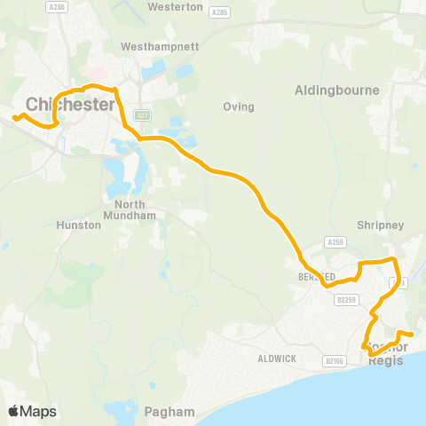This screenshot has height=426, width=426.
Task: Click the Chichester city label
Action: [x=70, y=105]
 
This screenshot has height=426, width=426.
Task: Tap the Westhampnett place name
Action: [x=157, y=45]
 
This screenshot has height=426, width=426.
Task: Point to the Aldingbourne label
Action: [x=336, y=91]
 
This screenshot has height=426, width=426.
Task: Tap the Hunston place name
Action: [x=78, y=225]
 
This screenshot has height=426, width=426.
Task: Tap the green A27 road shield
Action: [x=141, y=115]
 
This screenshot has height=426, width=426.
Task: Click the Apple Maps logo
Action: [x=32, y=411]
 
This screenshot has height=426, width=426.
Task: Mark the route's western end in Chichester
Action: [x=14, y=116]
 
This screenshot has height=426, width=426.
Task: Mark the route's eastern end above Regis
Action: [x=411, y=335]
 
